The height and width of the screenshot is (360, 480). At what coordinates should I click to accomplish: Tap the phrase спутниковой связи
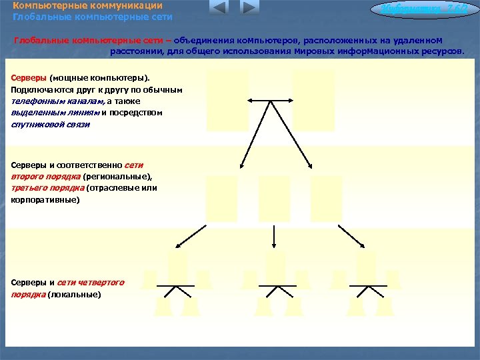coord(50,125)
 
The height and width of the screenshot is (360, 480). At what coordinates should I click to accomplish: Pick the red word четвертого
coord(105,282)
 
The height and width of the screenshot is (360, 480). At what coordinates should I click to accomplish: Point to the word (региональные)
coord(118,177)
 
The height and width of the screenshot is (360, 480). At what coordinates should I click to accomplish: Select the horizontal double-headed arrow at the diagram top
coord(270,101)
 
